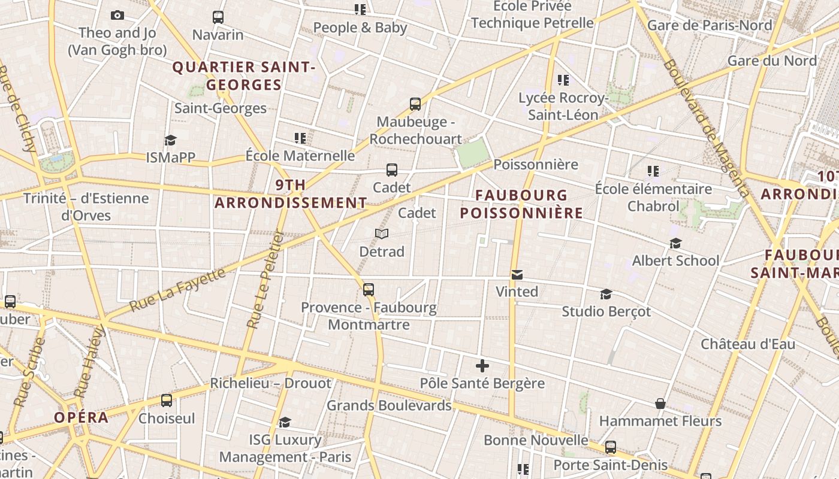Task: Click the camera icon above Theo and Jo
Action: [x=117, y=16]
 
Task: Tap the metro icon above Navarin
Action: [x=218, y=17]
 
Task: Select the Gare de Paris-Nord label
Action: [x=710, y=25]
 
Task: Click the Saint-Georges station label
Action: [x=221, y=108]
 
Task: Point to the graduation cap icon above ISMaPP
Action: [x=171, y=140]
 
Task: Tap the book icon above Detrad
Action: [x=382, y=234]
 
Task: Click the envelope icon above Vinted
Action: [x=517, y=275]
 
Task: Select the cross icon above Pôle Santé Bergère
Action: [x=482, y=366]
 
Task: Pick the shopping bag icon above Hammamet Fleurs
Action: [x=660, y=404]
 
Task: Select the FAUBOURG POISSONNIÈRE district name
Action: [x=521, y=204]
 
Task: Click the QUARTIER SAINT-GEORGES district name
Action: [x=244, y=76]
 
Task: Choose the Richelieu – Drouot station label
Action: [x=270, y=383]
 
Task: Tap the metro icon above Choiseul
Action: [x=167, y=401]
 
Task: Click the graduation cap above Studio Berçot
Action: [x=606, y=294]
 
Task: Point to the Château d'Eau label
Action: [x=748, y=344]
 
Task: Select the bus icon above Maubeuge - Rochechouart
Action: [x=415, y=104]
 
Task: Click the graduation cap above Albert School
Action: [x=676, y=243]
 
